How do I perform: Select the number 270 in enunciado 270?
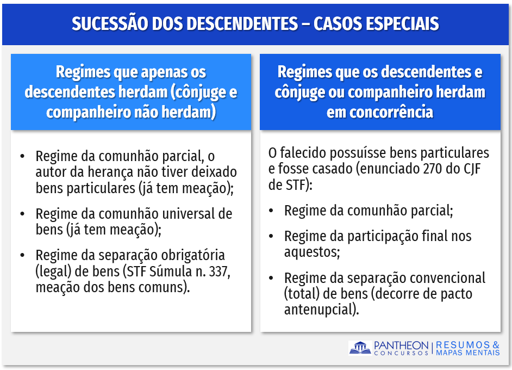[x=433, y=169]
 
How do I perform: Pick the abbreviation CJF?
[x=472, y=169]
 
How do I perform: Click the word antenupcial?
[x=321, y=310]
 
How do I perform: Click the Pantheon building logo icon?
[x=360, y=348]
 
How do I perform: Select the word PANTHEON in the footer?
[x=401, y=345]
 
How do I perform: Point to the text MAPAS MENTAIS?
[x=467, y=353]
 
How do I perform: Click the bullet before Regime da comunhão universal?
[x=22, y=214]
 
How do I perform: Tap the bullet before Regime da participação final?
[x=271, y=236]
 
